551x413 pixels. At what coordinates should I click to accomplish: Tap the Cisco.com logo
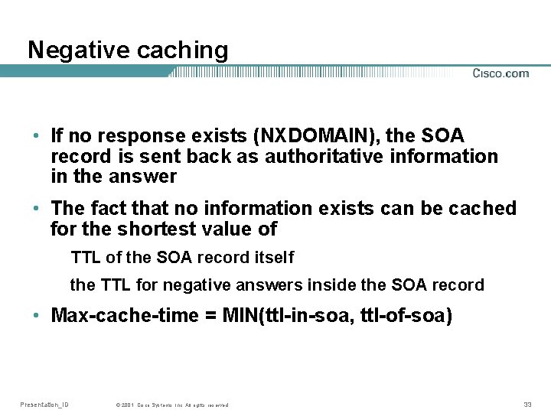click(500, 73)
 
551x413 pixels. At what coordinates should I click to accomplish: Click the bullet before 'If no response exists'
click(36, 137)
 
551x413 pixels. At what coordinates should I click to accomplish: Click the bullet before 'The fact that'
click(36, 209)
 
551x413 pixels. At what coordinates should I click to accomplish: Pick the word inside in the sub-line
click(331, 285)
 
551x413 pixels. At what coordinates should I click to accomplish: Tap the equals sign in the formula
click(210, 316)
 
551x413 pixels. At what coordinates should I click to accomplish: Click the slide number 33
click(527, 404)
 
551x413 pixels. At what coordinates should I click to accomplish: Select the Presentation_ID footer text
click(44, 404)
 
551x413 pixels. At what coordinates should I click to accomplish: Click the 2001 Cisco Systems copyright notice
click(171, 405)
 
